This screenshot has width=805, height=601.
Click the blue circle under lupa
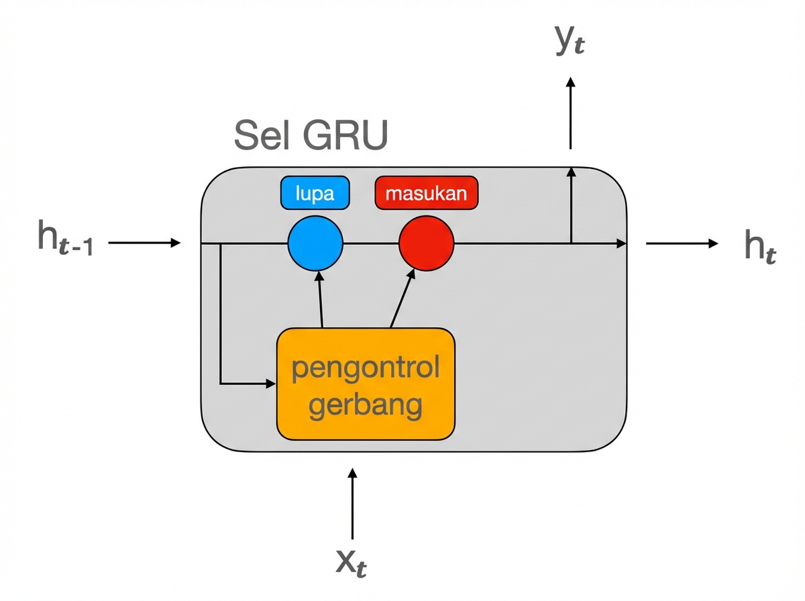coord(315,243)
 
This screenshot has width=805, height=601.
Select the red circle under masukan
coord(427,243)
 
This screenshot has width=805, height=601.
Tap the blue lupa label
coord(315,194)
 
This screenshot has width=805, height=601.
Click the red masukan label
coord(427,194)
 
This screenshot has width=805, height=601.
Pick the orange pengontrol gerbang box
coord(366,384)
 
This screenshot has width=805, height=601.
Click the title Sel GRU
coord(311,136)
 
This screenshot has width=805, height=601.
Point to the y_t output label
coord(570,42)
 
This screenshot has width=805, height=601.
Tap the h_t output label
coord(760,246)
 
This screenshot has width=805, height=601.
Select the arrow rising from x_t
coord(352,503)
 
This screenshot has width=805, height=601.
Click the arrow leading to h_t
coord(681,243)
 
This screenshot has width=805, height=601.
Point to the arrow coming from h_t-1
coord(144,243)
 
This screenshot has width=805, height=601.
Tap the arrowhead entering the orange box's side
coord(270,384)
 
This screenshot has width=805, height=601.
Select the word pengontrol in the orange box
coord(366,368)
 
